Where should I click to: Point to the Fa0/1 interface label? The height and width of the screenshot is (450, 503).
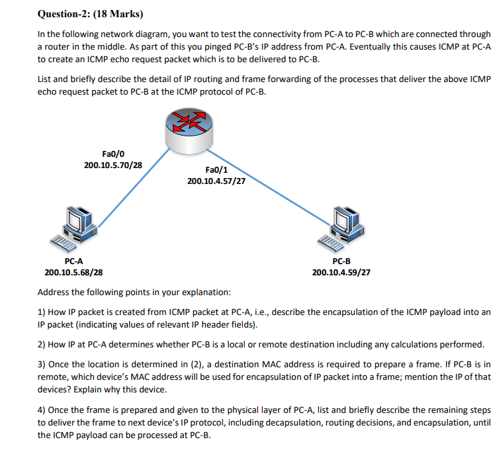[x=216, y=169]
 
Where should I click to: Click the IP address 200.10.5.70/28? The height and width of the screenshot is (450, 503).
[x=113, y=164]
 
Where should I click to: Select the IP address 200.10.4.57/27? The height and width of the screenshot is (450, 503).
[x=216, y=181]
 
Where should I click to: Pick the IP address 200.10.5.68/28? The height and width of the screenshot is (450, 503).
[x=73, y=272]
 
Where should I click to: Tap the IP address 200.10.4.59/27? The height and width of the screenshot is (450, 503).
[x=341, y=272]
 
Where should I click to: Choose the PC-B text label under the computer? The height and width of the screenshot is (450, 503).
[x=341, y=261]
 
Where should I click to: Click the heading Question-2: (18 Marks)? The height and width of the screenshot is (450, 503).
[x=91, y=13]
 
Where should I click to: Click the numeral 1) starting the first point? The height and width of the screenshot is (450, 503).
[x=42, y=311]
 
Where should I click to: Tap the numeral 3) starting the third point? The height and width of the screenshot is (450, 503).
[x=42, y=365]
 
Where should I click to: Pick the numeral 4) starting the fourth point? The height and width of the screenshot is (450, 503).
[x=42, y=410]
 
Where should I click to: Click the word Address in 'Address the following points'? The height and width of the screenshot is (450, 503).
[x=54, y=292]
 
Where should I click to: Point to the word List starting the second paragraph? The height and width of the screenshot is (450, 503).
[x=45, y=79]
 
